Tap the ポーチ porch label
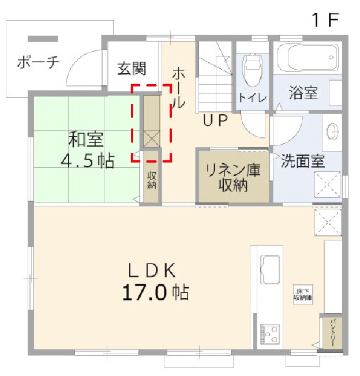[x=38, y=62]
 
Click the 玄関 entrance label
[x=132, y=69]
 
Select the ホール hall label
[x=178, y=88]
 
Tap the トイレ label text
[x=252, y=98]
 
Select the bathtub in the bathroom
[x=307, y=57]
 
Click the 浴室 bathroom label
[x=303, y=93]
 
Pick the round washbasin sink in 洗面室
[x=334, y=132]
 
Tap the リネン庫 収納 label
[x=233, y=178]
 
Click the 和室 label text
[x=86, y=139]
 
